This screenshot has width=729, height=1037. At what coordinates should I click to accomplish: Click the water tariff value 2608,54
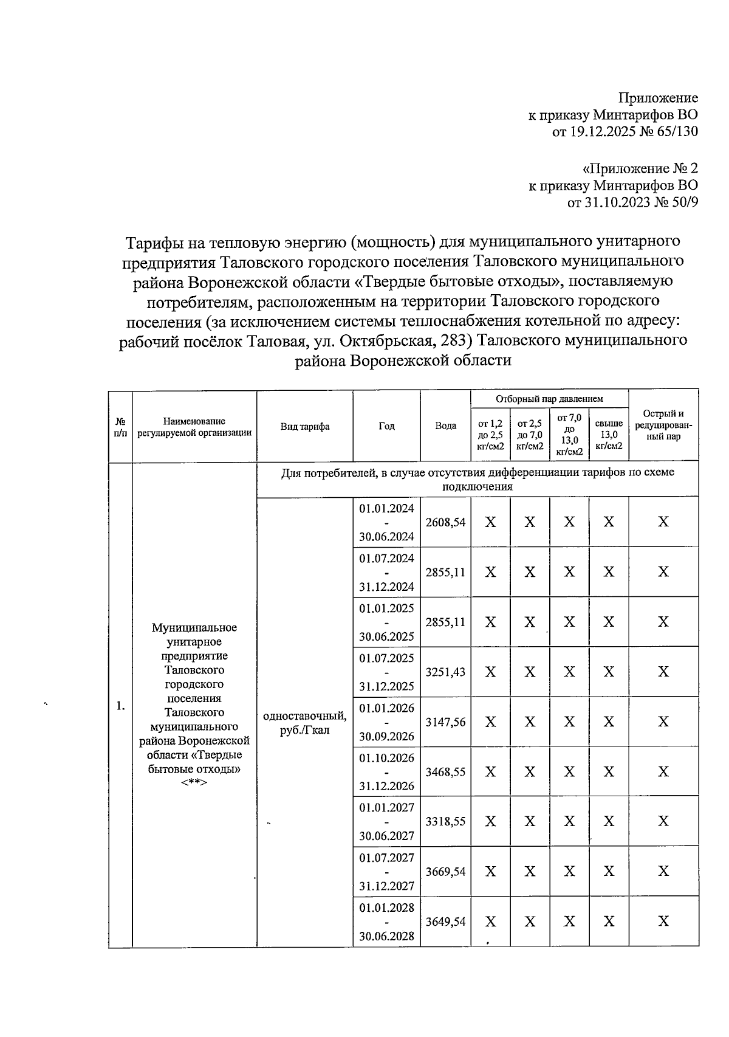445,522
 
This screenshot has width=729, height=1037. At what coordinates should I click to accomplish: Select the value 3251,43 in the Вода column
445,672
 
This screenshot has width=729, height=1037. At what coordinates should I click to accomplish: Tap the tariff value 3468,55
445,772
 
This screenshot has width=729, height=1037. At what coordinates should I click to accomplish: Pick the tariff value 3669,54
445,872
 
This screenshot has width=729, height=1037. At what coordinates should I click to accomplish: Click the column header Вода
445,426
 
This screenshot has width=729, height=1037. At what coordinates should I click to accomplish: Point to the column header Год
386,426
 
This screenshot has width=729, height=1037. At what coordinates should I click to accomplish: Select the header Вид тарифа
305,426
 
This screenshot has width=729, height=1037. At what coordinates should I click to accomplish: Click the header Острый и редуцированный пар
663,425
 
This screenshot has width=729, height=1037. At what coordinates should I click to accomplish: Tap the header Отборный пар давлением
549,399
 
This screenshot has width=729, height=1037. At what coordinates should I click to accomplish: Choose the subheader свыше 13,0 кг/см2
609,435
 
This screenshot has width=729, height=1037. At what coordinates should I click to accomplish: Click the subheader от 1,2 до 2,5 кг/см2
490,435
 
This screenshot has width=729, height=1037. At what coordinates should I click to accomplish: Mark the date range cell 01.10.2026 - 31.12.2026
386,772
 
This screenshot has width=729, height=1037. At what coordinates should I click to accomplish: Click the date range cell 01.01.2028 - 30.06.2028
386,922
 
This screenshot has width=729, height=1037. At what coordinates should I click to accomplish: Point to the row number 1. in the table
120,706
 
